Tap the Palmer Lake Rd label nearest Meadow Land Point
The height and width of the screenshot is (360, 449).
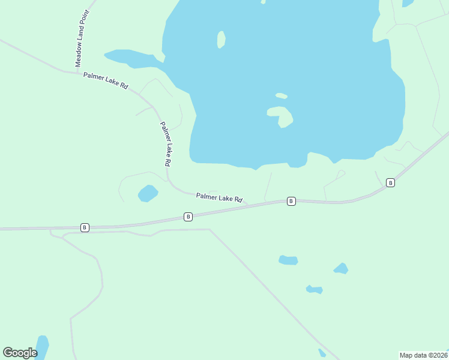(106, 81)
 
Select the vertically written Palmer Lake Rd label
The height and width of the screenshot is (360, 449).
(166, 144)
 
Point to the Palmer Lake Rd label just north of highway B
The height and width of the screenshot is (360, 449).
(219, 197)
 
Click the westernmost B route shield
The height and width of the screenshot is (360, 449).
(85, 227)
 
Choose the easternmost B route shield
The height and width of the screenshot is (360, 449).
(390, 182)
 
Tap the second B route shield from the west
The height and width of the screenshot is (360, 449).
(188, 217)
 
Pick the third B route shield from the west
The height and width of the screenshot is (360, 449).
(291, 201)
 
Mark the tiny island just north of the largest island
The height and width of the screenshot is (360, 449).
(281, 95)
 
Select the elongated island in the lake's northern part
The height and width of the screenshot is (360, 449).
(221, 40)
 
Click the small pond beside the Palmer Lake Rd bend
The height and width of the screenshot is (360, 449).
(148, 193)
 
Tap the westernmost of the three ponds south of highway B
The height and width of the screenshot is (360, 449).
(288, 260)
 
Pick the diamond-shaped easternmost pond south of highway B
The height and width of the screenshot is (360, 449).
(341, 268)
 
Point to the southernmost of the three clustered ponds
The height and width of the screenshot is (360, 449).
(315, 289)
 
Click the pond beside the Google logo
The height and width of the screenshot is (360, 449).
(42, 346)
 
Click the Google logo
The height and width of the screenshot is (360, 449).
(20, 352)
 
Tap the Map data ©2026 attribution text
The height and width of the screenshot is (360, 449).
(423, 355)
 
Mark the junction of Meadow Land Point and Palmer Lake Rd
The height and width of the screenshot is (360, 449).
(77, 73)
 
